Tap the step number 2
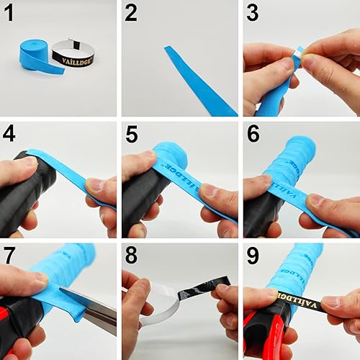point(131,13)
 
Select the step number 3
point(253,13)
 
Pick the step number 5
point(131,134)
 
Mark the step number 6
point(253,134)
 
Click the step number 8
point(131,254)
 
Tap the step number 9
point(253,254)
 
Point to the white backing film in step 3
point(299,53)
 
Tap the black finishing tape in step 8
point(194,292)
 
